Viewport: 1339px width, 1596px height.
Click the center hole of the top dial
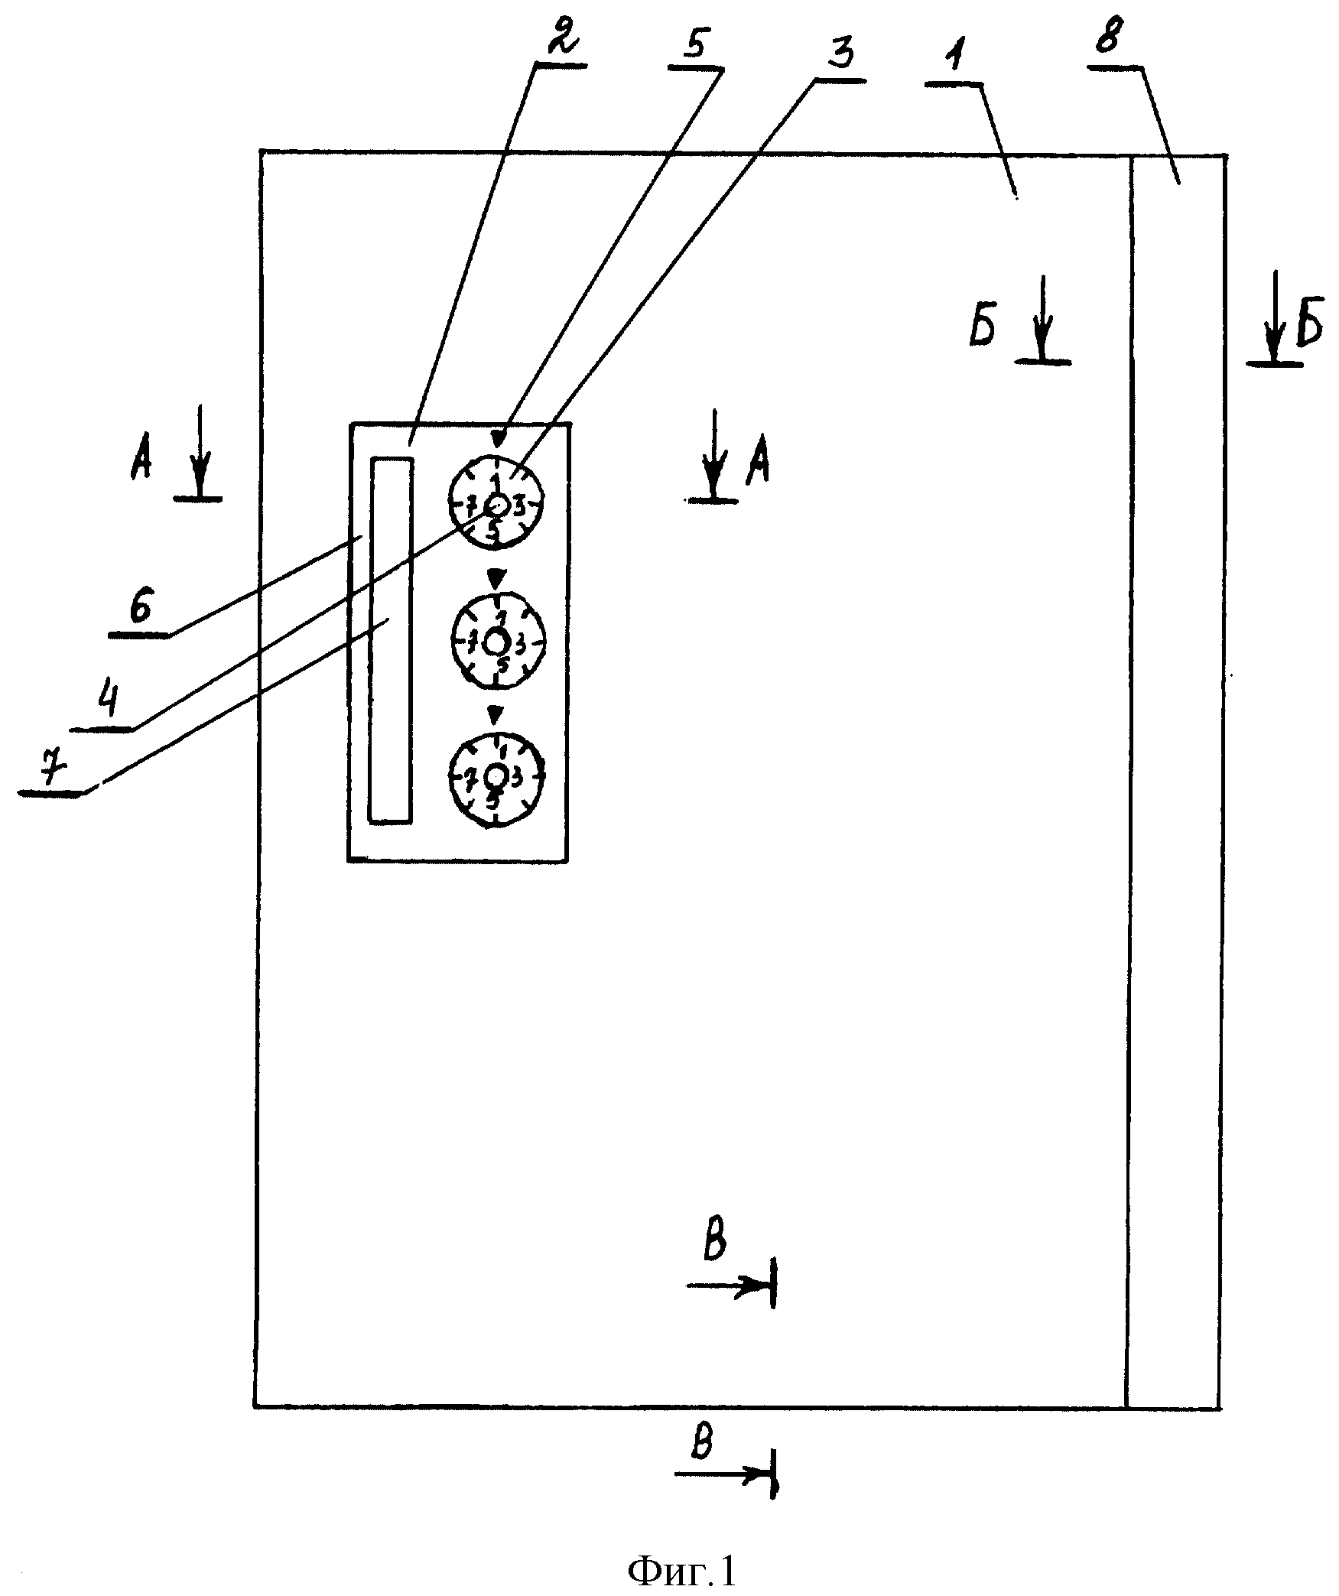[x=498, y=505]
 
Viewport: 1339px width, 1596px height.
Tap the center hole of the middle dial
[x=497, y=640]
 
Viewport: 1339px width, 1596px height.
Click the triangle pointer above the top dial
[x=499, y=440]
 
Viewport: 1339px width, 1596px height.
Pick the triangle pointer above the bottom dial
[x=497, y=713]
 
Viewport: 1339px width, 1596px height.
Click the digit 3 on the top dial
[x=519, y=506]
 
